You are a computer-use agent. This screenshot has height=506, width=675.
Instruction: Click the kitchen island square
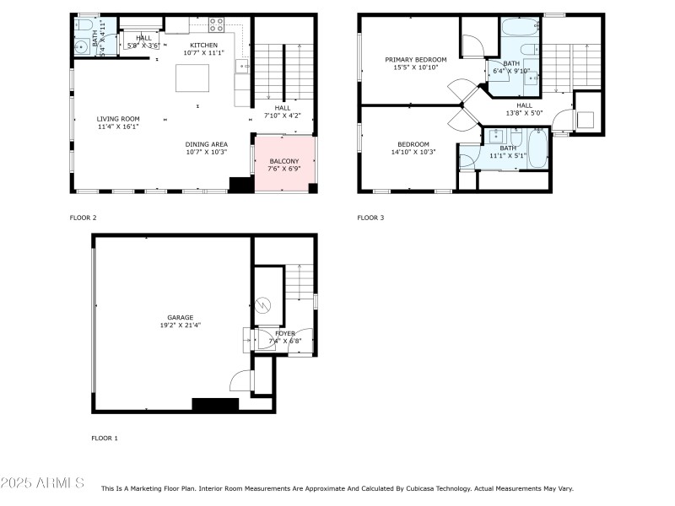click(190, 78)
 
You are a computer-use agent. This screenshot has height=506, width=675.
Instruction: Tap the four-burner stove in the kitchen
click(215, 24)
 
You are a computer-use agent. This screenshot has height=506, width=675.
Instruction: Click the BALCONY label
click(283, 161)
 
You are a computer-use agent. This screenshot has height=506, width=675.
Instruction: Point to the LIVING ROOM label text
click(118, 119)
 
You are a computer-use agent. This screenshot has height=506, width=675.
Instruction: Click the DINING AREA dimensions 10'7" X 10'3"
click(207, 153)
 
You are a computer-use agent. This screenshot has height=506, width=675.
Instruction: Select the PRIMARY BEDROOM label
click(416, 60)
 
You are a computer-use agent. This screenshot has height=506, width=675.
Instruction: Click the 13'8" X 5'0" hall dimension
click(525, 113)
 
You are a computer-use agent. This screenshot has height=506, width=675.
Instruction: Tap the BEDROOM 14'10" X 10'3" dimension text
click(413, 153)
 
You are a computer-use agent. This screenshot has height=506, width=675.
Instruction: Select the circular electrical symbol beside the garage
click(262, 304)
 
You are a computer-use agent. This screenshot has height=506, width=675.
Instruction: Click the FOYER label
click(284, 333)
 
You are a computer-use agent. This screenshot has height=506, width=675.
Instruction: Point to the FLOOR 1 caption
click(105, 439)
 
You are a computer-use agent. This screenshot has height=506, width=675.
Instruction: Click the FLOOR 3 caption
click(370, 218)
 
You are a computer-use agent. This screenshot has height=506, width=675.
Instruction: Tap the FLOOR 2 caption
click(83, 218)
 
